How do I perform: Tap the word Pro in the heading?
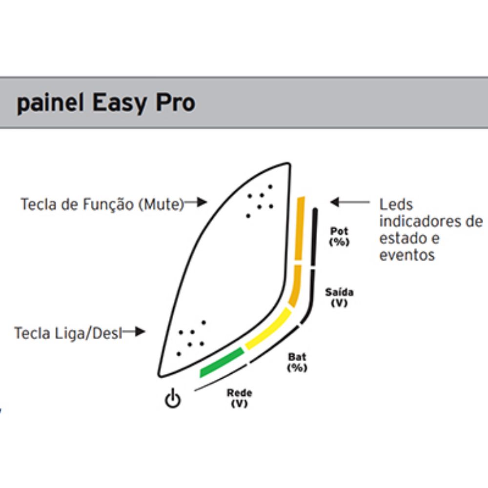[x=175, y=102]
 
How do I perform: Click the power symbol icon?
[x=172, y=398]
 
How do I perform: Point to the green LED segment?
[x=222, y=362]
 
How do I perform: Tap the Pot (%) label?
[x=339, y=237]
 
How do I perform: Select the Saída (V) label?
[x=339, y=298]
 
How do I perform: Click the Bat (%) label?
[x=297, y=362]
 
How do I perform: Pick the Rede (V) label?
[x=239, y=398]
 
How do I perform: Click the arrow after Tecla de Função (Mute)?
[x=196, y=203]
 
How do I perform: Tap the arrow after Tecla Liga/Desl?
[x=134, y=332]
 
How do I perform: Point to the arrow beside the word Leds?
[x=350, y=203]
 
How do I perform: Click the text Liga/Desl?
[x=88, y=334]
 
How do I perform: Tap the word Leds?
[x=396, y=205]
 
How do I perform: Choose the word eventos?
[x=407, y=255]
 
